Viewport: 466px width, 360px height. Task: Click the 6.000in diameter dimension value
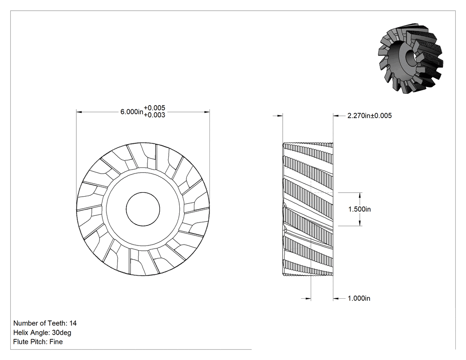click(x=132, y=112)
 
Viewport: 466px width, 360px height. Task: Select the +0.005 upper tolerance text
click(x=154, y=108)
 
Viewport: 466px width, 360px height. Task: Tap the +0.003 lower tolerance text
click(x=154, y=115)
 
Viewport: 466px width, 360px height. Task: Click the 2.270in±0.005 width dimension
click(x=369, y=116)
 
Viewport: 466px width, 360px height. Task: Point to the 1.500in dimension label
click(x=359, y=209)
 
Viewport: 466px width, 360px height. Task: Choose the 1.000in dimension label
click(x=359, y=298)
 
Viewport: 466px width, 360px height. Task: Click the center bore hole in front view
click(x=143, y=209)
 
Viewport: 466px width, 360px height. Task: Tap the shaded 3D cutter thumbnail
click(x=411, y=58)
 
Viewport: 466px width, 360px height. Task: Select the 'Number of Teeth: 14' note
click(x=45, y=323)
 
